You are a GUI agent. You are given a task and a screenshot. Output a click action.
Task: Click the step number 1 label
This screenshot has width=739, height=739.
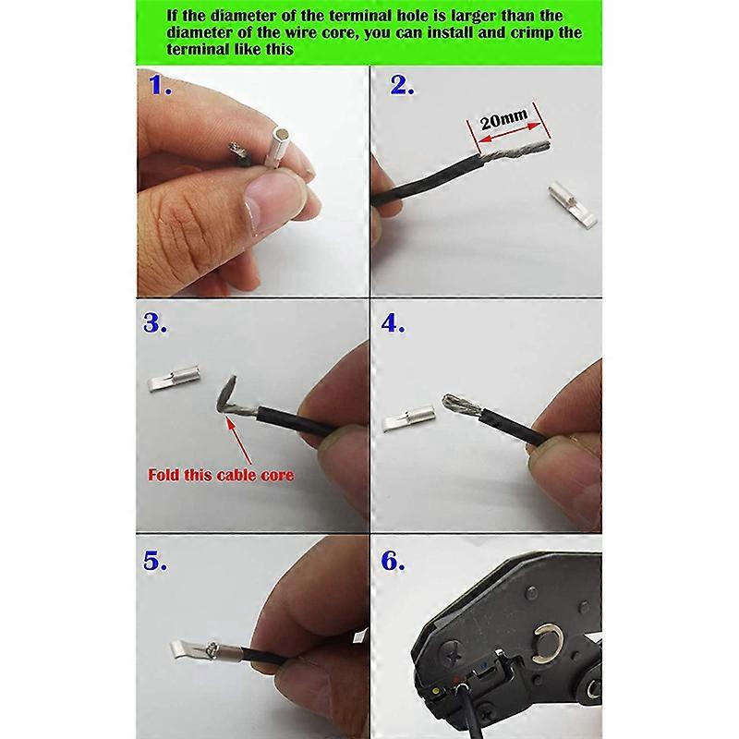click(x=160, y=85)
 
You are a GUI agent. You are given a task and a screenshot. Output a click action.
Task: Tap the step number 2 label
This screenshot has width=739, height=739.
click(x=402, y=85)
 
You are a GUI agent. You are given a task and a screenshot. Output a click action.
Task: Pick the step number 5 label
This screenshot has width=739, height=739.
click(x=155, y=561)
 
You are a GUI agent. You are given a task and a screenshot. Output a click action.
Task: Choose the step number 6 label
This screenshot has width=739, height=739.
click(x=393, y=561)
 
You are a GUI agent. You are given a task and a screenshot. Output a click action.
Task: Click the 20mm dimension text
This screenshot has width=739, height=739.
click(x=503, y=119)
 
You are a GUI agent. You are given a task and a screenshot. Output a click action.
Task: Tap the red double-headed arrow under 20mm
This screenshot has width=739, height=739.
click(x=510, y=132)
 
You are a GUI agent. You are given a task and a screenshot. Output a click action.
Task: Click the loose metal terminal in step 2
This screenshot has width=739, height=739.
click(x=572, y=204)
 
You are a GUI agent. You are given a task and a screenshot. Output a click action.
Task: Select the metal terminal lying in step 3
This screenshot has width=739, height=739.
click(x=175, y=379)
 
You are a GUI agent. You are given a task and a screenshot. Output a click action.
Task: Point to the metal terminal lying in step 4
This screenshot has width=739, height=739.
click(x=407, y=418)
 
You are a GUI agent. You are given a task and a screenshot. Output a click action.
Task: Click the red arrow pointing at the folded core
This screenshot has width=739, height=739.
click(x=239, y=440)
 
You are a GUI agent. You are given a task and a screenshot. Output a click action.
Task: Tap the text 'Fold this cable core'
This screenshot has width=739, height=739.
click(x=221, y=475)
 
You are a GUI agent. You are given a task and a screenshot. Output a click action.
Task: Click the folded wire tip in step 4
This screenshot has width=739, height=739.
click(x=451, y=402)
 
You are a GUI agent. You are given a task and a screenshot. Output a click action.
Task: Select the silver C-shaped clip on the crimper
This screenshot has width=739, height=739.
click(x=546, y=643)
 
